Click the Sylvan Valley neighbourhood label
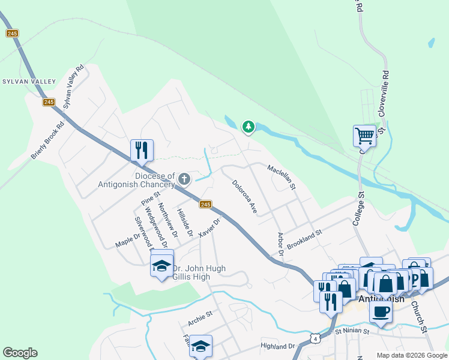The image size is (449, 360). [x=29, y=82]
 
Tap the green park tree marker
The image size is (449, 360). [x=248, y=127]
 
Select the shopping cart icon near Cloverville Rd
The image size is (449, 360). [x=364, y=136]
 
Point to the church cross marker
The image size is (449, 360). [x=184, y=178]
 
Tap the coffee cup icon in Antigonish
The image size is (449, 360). [x=379, y=311]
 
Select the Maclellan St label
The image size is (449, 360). [x=282, y=178]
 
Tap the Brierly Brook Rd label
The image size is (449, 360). [x=47, y=142]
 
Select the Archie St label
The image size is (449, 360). [x=200, y=318]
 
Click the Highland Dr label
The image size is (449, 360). [x=278, y=346]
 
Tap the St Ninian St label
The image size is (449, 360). [x=354, y=330]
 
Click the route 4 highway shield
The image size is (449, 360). [x=315, y=339]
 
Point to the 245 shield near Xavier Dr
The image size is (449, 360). [x=206, y=205]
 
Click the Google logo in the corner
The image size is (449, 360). [x=20, y=353]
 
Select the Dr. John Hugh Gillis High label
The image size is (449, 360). [x=199, y=273]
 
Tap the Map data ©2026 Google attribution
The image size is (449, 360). [x=411, y=355]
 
